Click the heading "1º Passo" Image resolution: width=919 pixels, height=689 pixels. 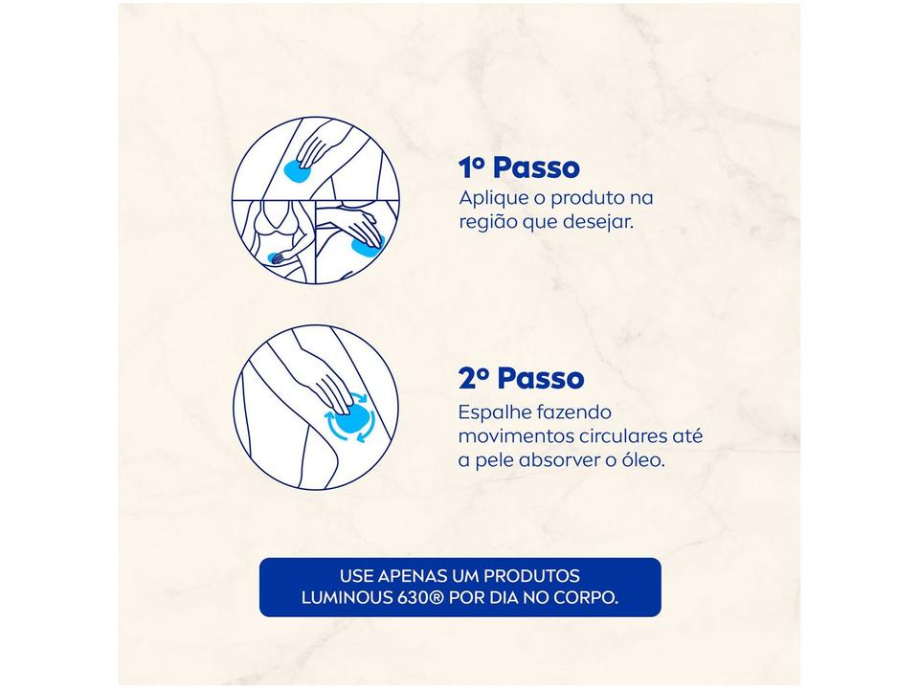click(x=520, y=168)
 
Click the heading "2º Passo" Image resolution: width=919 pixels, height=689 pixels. click(x=521, y=378)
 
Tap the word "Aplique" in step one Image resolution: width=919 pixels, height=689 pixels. click(x=492, y=199)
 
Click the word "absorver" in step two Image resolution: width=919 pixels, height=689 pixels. click(x=559, y=460)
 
